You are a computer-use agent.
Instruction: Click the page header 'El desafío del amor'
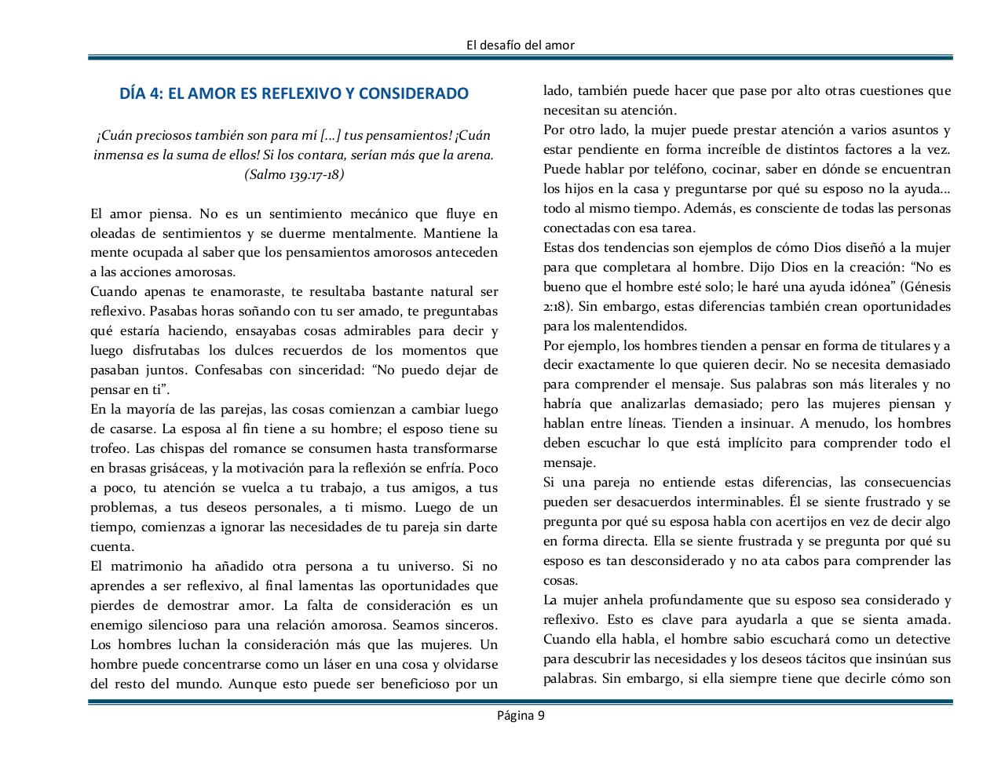pos(520,45)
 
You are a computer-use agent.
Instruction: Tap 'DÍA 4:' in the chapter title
pos(141,94)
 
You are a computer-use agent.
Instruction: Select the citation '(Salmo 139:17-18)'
pos(294,174)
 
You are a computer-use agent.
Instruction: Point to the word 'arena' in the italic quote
pos(475,155)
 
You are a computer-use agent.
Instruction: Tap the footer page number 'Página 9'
pos(520,715)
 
